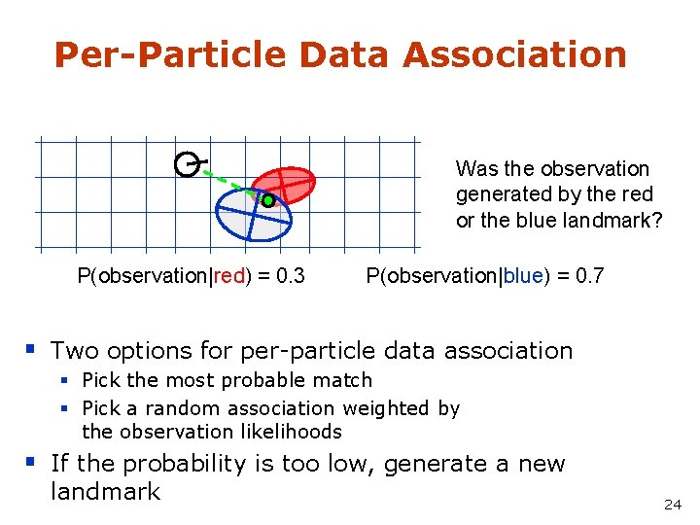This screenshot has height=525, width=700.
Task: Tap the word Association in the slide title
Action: click(x=514, y=54)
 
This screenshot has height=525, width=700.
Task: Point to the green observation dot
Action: click(x=268, y=201)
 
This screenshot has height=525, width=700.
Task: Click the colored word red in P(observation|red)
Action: click(x=229, y=276)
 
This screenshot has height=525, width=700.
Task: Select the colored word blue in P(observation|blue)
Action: click(x=522, y=276)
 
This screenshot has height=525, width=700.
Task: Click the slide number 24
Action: click(x=672, y=504)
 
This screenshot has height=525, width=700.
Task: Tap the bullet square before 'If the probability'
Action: click(x=32, y=462)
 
